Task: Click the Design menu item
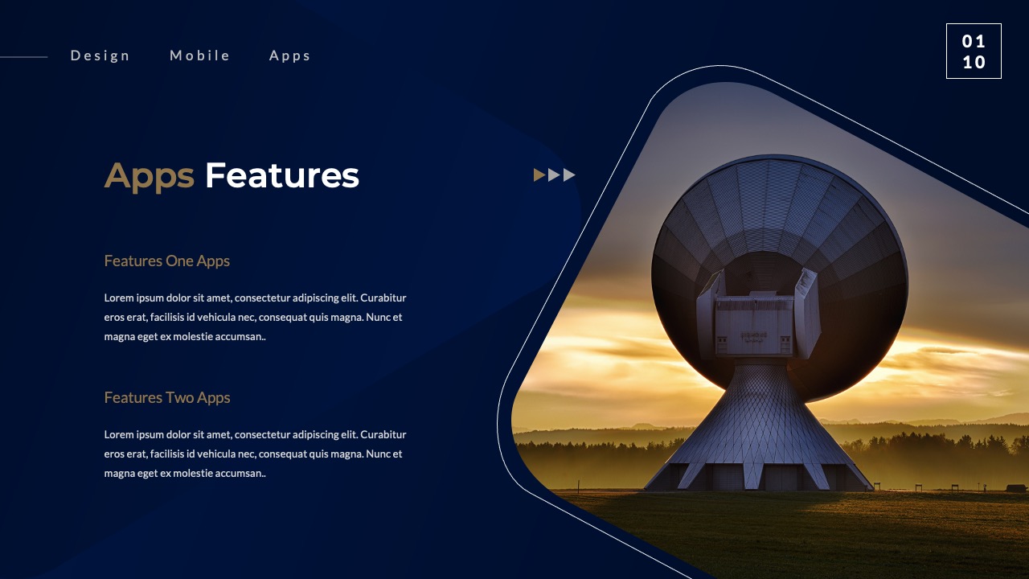[100, 55]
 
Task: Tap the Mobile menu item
[200, 55]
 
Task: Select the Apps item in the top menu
[290, 55]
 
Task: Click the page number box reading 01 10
[974, 51]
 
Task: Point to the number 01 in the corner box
[974, 41]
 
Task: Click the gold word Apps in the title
[150, 176]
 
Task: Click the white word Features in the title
[281, 176]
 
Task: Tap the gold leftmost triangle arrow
[539, 175]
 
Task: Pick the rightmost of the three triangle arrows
[569, 175]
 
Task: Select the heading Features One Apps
[167, 261]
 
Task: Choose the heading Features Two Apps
[167, 397]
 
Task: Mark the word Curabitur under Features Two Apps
[383, 434]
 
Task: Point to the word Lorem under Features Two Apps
[119, 434]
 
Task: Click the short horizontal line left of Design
[24, 57]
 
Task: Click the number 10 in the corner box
[974, 63]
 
